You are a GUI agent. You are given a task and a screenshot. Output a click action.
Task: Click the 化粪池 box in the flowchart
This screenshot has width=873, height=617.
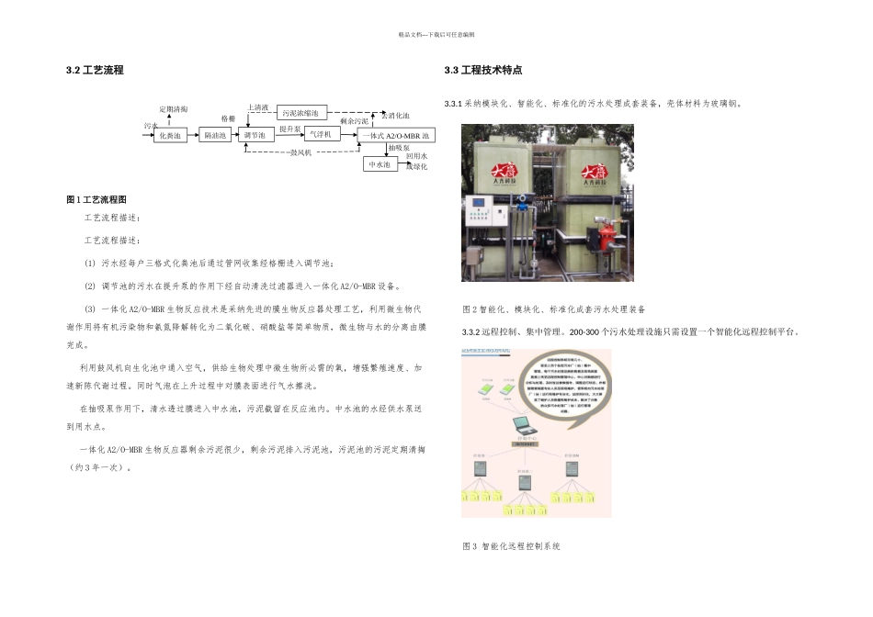[x=171, y=136]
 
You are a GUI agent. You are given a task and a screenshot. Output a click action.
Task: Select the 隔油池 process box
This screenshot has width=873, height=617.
[x=216, y=136]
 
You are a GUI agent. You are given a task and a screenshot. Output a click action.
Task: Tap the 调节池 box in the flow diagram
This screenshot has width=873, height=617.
[x=255, y=136]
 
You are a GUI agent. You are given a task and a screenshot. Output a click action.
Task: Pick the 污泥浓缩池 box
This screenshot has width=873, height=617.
[x=300, y=113]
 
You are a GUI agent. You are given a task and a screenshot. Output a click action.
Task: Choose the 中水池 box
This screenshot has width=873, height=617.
[x=380, y=164]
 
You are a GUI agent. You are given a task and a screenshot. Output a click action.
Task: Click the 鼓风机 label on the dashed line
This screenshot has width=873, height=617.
[x=300, y=152]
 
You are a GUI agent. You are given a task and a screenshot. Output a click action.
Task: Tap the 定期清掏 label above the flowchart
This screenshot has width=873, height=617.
[x=173, y=109]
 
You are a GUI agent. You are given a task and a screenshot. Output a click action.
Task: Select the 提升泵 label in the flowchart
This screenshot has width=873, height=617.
[x=289, y=129]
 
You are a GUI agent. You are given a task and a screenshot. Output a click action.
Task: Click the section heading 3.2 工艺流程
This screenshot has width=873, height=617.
[x=95, y=71]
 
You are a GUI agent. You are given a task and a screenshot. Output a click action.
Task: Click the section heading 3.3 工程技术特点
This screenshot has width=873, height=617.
[x=482, y=71]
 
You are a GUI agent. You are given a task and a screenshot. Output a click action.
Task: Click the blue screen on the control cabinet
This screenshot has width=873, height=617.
[x=478, y=201]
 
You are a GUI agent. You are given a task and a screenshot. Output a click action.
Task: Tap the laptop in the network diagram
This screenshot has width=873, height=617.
[x=521, y=424]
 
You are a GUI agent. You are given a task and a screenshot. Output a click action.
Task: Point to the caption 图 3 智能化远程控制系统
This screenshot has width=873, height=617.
[x=511, y=547]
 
